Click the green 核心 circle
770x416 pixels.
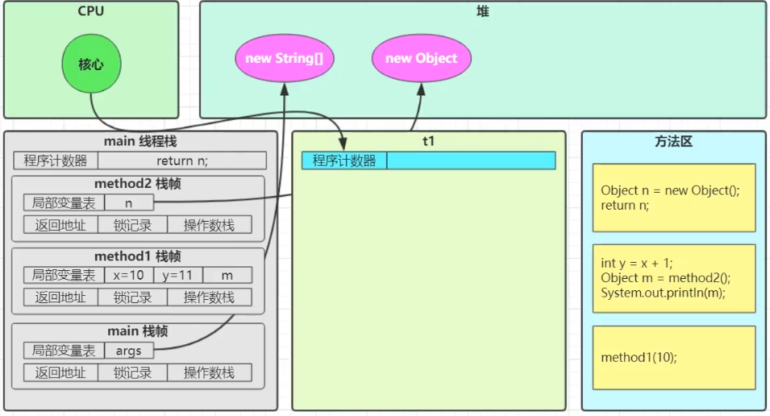(x=90, y=64)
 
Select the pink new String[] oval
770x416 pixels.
(x=285, y=58)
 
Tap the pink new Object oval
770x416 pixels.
(x=421, y=58)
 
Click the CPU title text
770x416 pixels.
(x=91, y=11)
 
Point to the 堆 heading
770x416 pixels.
(x=483, y=11)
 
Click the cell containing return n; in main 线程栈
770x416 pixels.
(x=182, y=160)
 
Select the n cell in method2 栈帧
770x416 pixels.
(x=129, y=203)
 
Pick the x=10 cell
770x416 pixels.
(x=129, y=275)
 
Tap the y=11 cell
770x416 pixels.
(x=178, y=275)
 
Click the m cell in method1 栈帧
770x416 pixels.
(x=227, y=275)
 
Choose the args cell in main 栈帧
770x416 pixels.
(x=129, y=350)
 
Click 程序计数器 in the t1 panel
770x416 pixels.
(x=344, y=160)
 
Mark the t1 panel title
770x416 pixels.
(x=428, y=141)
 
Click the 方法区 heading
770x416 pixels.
(x=673, y=141)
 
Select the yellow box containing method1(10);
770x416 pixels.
(x=674, y=356)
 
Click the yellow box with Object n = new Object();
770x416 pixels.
(x=674, y=198)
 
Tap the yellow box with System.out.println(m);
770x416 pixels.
(x=674, y=278)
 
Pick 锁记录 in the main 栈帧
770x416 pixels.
(x=133, y=372)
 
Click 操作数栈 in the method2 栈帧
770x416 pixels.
(x=210, y=225)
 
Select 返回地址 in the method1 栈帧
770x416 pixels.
(x=60, y=297)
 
